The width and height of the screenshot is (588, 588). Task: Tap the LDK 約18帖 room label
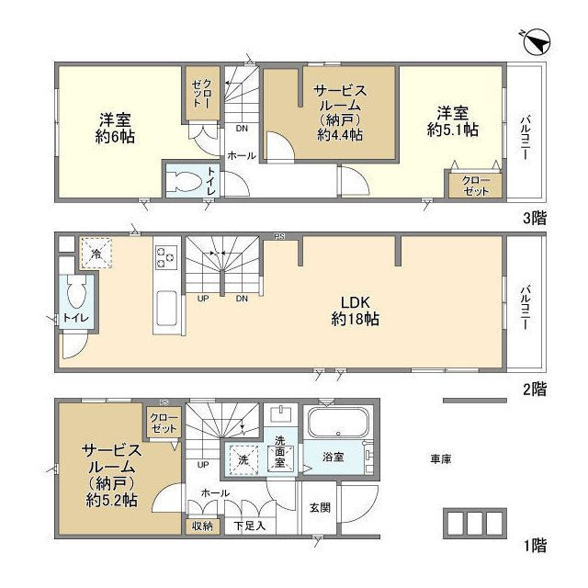click(356, 311)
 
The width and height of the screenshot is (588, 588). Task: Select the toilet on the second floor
click(75, 296)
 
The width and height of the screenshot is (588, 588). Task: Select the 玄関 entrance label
click(319, 507)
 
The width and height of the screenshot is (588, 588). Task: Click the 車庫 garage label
click(439, 458)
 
